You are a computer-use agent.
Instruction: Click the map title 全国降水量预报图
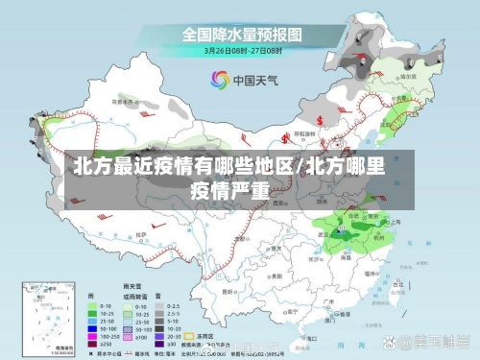(x=243, y=34)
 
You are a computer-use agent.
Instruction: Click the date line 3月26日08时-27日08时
(x=243, y=49)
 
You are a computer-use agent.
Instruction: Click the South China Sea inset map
(x=47, y=317)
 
